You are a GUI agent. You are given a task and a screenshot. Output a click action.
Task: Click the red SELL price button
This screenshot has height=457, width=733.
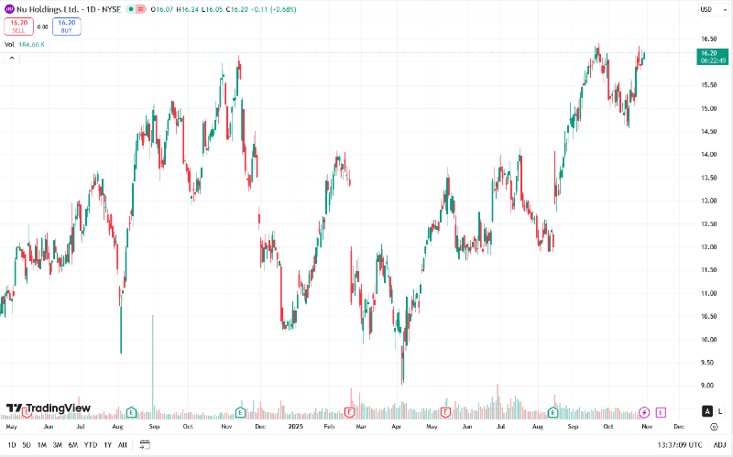coord(18,27)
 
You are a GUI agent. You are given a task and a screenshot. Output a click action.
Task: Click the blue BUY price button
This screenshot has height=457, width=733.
coord(67,27)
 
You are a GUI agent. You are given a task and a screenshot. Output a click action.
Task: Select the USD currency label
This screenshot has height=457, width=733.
coord(706,9)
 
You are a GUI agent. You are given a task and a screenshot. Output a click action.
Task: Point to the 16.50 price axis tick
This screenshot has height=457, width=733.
coord(707,38)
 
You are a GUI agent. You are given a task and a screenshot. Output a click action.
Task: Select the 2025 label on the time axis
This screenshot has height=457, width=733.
coord(294,426)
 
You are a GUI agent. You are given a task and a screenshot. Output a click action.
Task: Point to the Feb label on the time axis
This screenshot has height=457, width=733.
coord(329,426)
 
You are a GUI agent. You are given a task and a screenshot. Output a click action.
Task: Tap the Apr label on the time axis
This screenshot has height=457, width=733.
coord(395,426)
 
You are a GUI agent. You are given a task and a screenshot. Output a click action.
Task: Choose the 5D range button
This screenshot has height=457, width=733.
coord(26,445)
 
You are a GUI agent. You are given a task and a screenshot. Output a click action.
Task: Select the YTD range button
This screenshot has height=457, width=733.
coord(90,445)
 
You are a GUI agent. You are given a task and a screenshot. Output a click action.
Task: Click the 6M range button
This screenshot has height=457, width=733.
coord(72,445)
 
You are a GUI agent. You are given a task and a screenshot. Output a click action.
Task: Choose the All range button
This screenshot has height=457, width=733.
coord(123,445)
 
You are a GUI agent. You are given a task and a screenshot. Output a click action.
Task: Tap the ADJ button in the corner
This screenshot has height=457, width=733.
coord(719,445)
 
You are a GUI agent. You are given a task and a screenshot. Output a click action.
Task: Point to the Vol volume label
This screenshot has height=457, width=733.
coord(9,44)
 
